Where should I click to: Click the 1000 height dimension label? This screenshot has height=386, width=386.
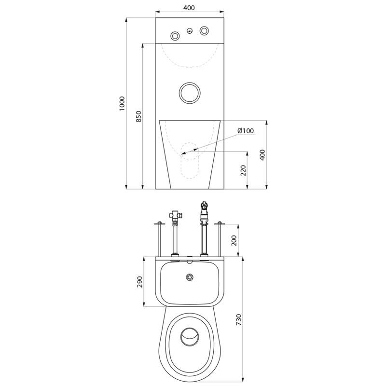[123, 104]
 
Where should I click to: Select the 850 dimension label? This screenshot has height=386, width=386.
[139, 116]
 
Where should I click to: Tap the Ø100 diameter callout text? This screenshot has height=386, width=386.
[246, 131]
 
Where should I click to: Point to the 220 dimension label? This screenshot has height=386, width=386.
[243, 170]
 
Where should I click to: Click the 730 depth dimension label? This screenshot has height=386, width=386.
[239, 319]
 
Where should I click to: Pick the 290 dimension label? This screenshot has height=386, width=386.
[139, 282]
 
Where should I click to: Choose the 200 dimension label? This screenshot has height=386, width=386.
[234, 240]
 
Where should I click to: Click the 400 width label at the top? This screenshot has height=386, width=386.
[189, 8]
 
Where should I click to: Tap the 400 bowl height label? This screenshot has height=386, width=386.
[262, 155]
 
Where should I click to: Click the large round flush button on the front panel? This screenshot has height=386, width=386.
[190, 93]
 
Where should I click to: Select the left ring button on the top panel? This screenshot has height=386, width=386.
[175, 36]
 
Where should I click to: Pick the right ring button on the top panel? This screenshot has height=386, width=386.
[204, 31]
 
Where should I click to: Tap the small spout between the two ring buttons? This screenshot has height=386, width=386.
[189, 31]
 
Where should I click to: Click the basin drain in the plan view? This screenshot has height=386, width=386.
[190, 277]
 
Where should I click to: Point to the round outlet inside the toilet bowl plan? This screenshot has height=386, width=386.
[190, 336]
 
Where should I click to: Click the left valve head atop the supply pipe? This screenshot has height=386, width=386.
[176, 215]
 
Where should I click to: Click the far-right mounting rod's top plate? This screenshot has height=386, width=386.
[220, 223]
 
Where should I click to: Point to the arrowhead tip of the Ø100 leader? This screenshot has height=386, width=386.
[181, 154]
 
